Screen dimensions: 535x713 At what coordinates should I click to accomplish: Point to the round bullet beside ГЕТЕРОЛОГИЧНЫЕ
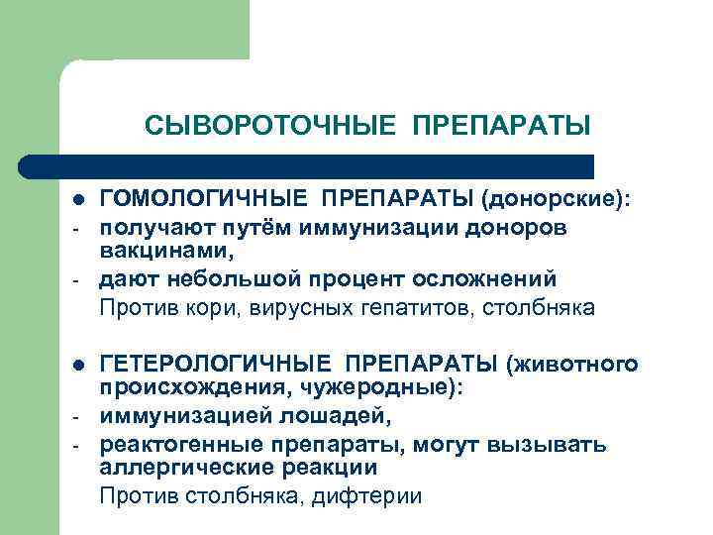[x=78, y=367]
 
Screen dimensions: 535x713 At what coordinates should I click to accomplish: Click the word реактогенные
[x=175, y=444]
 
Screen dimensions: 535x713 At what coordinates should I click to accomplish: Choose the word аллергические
[x=181, y=467]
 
